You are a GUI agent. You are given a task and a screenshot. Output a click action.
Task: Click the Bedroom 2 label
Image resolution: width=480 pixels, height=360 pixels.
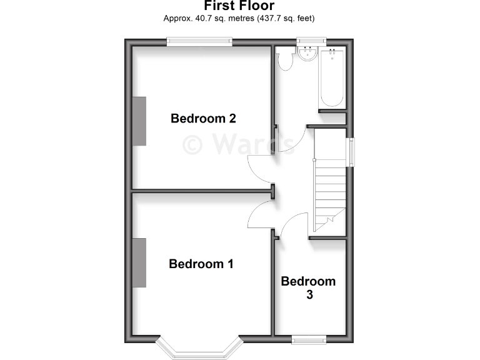coord(203,118)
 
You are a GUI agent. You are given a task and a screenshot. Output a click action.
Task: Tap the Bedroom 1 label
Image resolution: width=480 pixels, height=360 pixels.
coord(201,264)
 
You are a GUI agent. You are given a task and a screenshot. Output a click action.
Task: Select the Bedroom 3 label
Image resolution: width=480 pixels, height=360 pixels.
coord(308,287)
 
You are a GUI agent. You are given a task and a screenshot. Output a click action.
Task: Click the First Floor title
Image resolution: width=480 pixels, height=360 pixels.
coord(239,6)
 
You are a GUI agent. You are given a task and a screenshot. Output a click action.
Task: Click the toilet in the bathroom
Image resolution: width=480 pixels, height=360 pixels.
coord(286,59)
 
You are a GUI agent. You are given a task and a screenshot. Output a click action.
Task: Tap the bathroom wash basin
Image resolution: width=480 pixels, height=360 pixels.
coord(307,54)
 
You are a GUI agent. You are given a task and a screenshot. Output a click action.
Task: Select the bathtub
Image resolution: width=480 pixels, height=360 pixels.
coord(332,78)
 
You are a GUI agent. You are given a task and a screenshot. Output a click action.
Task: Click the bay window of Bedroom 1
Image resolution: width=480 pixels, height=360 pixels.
coord(199,349)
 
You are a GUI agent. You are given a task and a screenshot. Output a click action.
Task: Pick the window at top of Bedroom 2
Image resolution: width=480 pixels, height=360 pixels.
coord(199,42)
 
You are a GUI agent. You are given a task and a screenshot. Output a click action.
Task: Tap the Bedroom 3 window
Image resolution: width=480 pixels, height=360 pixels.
coord(309,339)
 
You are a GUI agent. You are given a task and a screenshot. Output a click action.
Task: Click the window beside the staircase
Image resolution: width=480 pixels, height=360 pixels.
coord(351,151)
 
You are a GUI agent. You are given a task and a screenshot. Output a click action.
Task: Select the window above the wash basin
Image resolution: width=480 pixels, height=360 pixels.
coord(311,41)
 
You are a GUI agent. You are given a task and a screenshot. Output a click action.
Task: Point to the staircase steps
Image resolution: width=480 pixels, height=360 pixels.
coord(329,187)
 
